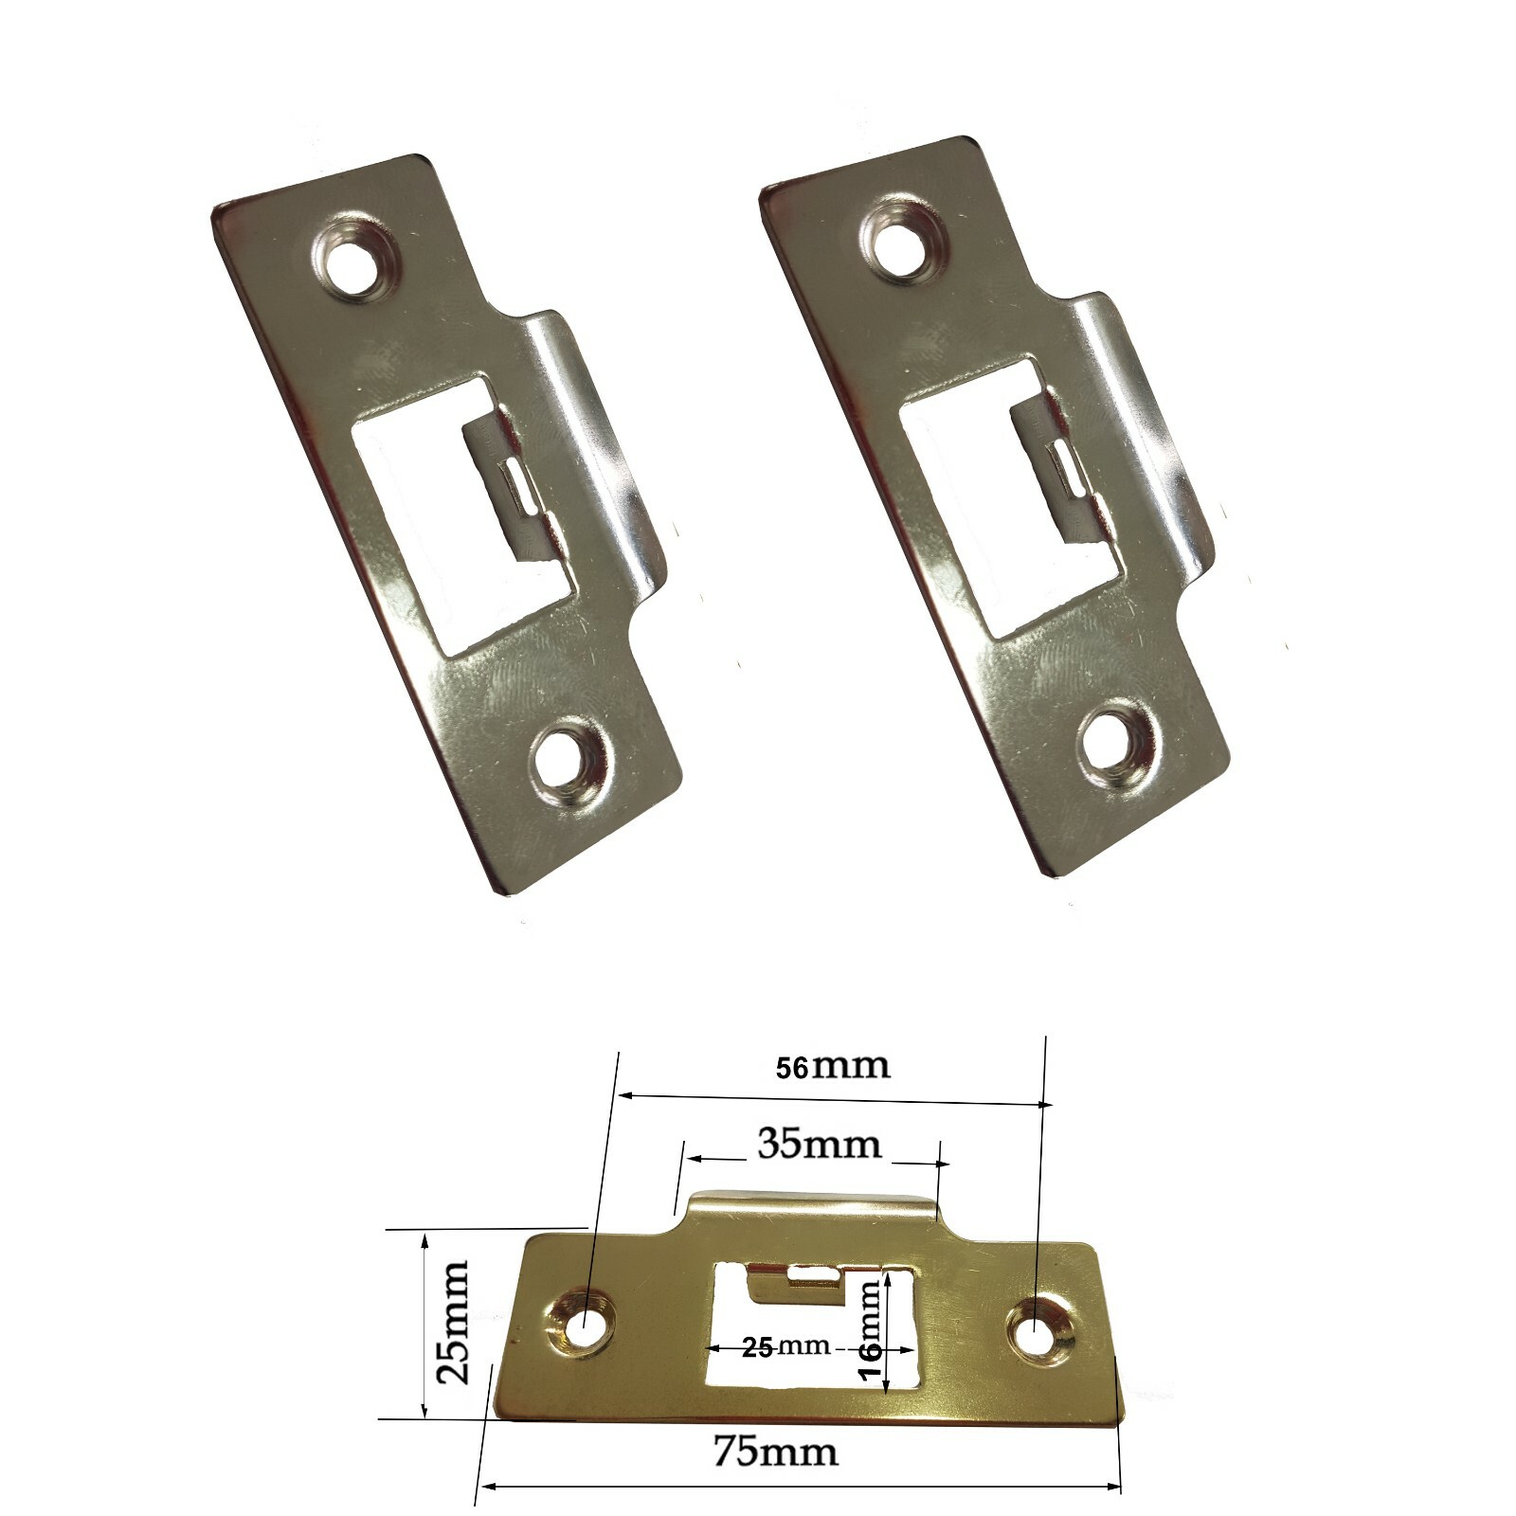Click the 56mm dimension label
pyautogui.click(x=833, y=1067)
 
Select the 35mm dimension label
pyautogui.click(x=819, y=1145)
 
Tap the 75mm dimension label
pyautogui.click(x=775, y=1451)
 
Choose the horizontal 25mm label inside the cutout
pyautogui.click(x=785, y=1346)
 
